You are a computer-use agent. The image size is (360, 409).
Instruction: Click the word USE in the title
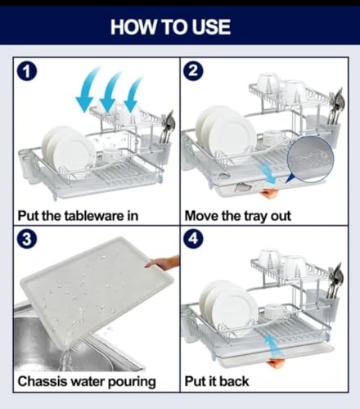[211, 27]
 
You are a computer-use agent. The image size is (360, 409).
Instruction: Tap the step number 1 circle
[27, 71]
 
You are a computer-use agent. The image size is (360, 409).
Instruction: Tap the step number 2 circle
[193, 71]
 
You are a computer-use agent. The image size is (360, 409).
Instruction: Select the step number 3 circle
[27, 239]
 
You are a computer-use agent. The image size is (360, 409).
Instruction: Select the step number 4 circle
[193, 239]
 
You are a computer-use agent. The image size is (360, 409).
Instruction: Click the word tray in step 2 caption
[256, 217]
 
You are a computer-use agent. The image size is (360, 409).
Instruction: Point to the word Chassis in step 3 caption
[43, 381]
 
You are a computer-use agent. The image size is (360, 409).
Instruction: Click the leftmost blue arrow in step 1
[88, 89]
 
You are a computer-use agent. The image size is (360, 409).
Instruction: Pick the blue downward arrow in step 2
[267, 173]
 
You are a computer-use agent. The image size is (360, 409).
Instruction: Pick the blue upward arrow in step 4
[273, 346]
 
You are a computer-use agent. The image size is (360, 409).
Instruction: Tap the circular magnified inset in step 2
[310, 160]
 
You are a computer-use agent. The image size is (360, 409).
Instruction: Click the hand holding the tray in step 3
[163, 263]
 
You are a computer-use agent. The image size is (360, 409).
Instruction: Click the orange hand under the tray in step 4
[276, 363]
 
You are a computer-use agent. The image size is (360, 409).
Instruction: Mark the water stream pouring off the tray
[65, 359]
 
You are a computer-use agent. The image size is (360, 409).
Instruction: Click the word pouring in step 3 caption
[132, 382]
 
